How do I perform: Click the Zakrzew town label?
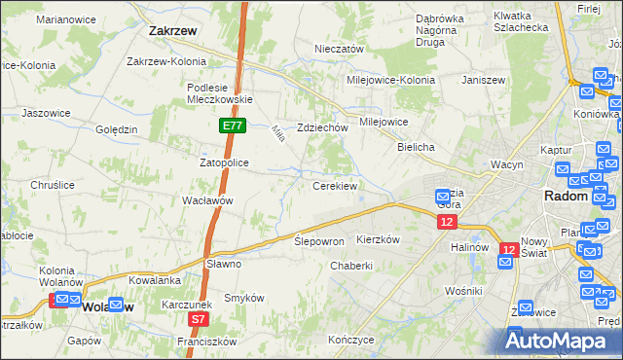tap(173, 30)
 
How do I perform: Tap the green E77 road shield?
tap(232, 126)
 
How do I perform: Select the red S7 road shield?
tap(199, 318)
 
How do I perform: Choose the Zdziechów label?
tap(323, 127)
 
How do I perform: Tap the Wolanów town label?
tap(108, 306)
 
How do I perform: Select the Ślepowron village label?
tap(319, 240)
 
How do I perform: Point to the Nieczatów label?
tap(339, 49)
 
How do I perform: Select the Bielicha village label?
tap(416, 146)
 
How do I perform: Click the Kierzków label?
tap(380, 238)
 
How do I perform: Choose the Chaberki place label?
tap(351, 266)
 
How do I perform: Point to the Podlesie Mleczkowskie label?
tap(220, 92)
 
